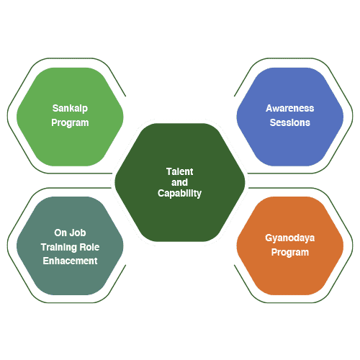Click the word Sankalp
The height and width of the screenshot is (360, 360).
click(x=70, y=109)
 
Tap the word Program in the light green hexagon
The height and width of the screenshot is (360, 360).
click(x=70, y=123)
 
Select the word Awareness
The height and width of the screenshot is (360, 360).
click(x=290, y=108)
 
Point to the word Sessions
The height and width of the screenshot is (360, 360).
click(x=290, y=122)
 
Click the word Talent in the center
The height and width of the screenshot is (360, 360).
click(x=180, y=171)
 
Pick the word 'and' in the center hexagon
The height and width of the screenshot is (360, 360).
click(x=179, y=182)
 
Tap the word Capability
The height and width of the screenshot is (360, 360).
click(x=179, y=194)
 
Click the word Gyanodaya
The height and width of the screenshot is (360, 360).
click(x=290, y=238)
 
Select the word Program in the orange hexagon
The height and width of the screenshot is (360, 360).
click(x=290, y=253)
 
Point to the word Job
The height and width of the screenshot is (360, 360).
click(x=78, y=233)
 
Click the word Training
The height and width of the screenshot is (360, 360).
click(x=59, y=247)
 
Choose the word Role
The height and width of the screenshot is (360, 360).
click(x=89, y=247)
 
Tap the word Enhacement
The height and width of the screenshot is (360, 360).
click(x=70, y=261)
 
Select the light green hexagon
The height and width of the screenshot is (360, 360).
click(x=70, y=117)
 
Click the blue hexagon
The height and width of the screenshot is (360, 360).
click(x=290, y=117)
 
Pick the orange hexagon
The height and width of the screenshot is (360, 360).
click(x=290, y=246)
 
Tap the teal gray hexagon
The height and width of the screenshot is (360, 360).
click(x=70, y=246)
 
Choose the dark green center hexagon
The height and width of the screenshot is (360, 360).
click(x=180, y=182)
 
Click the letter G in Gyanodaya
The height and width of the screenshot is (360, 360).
click(x=269, y=238)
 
